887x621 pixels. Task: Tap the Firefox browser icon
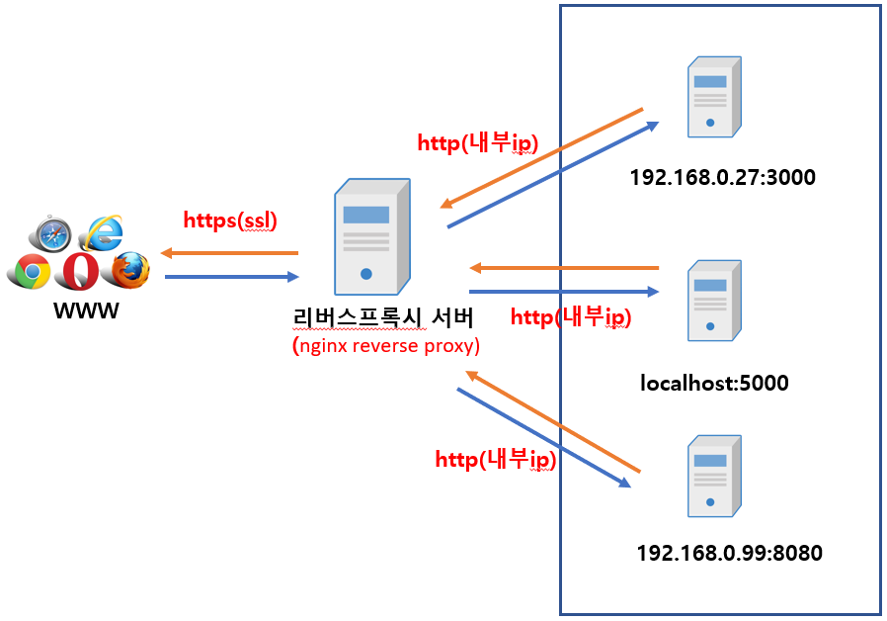coord(128,269)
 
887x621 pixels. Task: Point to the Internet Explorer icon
coord(102,233)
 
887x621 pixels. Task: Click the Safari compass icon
coord(50,235)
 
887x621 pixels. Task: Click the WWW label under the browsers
coord(86,310)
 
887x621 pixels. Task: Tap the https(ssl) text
coord(230,221)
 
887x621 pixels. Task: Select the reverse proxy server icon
coord(370,236)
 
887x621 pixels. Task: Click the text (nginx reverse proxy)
coord(386,346)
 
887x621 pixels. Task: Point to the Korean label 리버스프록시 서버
coord(383,318)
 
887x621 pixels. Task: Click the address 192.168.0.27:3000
coord(722,179)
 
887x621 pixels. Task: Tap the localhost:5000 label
coord(714,382)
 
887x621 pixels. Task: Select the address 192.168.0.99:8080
coord(730,553)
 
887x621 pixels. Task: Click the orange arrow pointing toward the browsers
coord(230,254)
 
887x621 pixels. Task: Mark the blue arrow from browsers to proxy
coord(230,277)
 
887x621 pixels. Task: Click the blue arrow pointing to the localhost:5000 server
coord(563,292)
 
